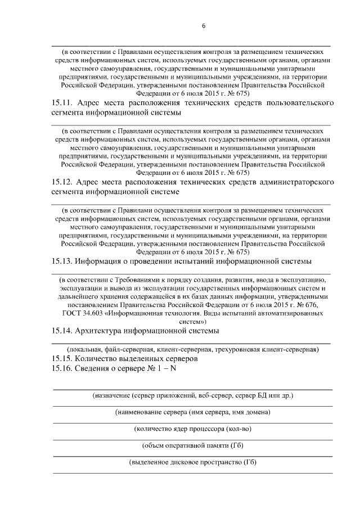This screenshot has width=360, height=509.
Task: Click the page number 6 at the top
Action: pos(204,26)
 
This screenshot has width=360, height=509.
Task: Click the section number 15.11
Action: pos(62,103)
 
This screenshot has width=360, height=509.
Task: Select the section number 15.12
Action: pos(62,183)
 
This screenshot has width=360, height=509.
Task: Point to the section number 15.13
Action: pos(62,262)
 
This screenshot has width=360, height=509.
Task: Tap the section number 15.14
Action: pos(62,331)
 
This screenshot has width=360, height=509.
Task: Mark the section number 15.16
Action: pos(62,368)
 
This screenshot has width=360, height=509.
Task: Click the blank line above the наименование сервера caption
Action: pos(193,405)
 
